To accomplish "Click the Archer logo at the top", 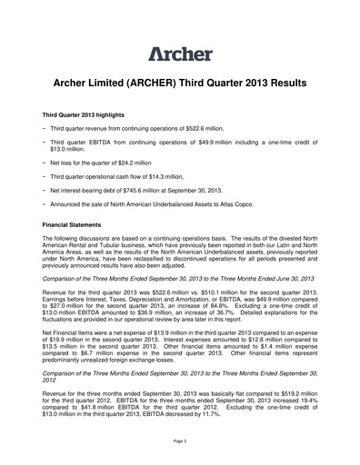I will tap(180, 52).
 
